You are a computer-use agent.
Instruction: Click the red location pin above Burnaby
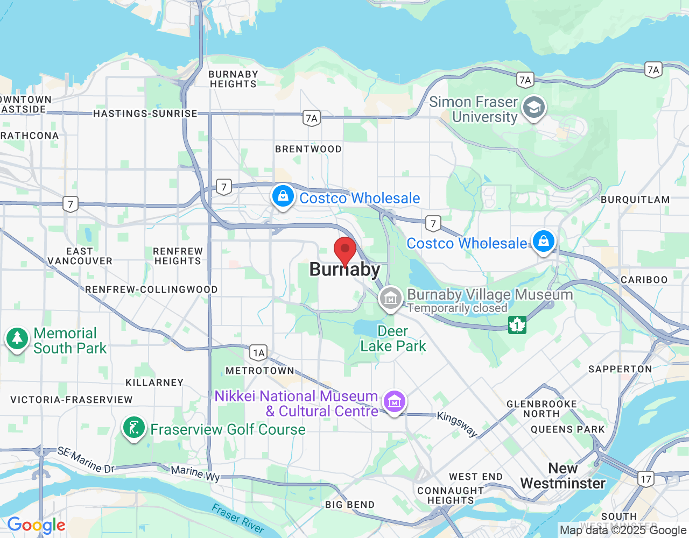[345, 250]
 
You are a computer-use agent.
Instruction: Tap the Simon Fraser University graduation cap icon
[534, 108]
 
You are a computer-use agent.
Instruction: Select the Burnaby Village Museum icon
[390, 298]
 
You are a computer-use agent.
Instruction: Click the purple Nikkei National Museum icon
[395, 401]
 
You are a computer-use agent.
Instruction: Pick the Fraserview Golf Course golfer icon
[133, 428]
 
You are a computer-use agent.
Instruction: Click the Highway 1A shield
[259, 353]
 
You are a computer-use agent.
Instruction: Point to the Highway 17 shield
[646, 478]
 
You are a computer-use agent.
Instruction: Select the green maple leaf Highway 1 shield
[517, 324]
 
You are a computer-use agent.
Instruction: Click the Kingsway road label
[457, 424]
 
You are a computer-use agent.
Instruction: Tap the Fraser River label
[237, 518]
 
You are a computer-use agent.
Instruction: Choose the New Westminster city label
[563, 476]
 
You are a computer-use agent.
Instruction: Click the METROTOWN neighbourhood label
[260, 371]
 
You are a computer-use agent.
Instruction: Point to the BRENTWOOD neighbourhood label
[308, 149]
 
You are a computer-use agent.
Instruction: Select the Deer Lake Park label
[393, 338]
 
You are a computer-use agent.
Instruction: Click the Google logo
[37, 525]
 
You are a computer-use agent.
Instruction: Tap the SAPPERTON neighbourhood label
[620, 369]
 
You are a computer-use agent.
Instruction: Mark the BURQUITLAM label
[635, 200]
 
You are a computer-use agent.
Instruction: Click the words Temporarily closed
[458, 308]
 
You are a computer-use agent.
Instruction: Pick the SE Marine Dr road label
[86, 460]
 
